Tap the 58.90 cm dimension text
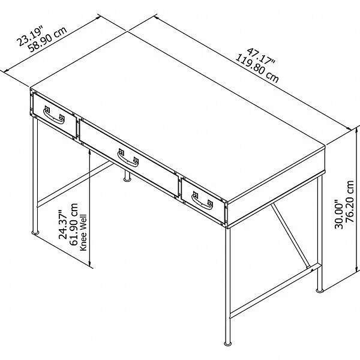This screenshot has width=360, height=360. pos(50,43)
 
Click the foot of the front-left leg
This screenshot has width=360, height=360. pos(34,232)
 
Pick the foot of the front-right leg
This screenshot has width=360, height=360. pos(228,344)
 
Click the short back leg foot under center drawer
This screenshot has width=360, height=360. pos(128,178)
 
